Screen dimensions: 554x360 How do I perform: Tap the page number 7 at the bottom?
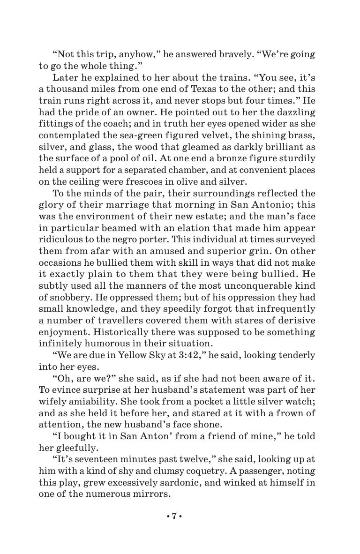tap(173, 516)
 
